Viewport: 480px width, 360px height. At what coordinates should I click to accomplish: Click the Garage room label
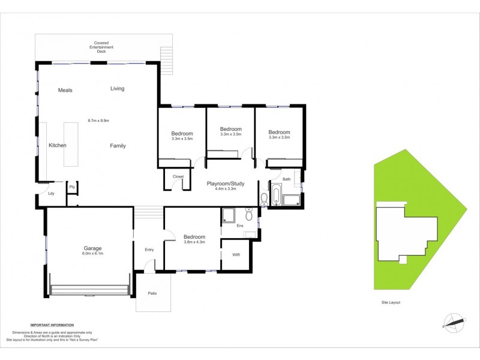point(92,248)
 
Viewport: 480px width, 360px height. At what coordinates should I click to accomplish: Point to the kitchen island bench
point(71,145)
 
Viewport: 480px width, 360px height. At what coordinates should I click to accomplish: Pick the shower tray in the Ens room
point(229,215)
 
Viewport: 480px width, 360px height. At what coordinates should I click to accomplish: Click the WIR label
point(236,254)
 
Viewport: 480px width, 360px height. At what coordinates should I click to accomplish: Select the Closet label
point(178,176)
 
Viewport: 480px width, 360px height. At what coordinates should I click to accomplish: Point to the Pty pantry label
point(72,187)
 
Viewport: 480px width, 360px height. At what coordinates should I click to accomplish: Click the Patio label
point(152,293)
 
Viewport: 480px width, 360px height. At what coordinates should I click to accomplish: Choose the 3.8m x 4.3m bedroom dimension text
point(194,242)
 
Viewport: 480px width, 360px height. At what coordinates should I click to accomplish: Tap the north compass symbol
point(454,323)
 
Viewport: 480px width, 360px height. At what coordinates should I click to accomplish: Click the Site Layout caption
point(390,302)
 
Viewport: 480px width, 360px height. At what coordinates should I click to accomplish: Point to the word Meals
point(65,90)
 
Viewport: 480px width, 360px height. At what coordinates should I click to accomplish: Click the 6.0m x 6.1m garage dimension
point(92,254)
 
